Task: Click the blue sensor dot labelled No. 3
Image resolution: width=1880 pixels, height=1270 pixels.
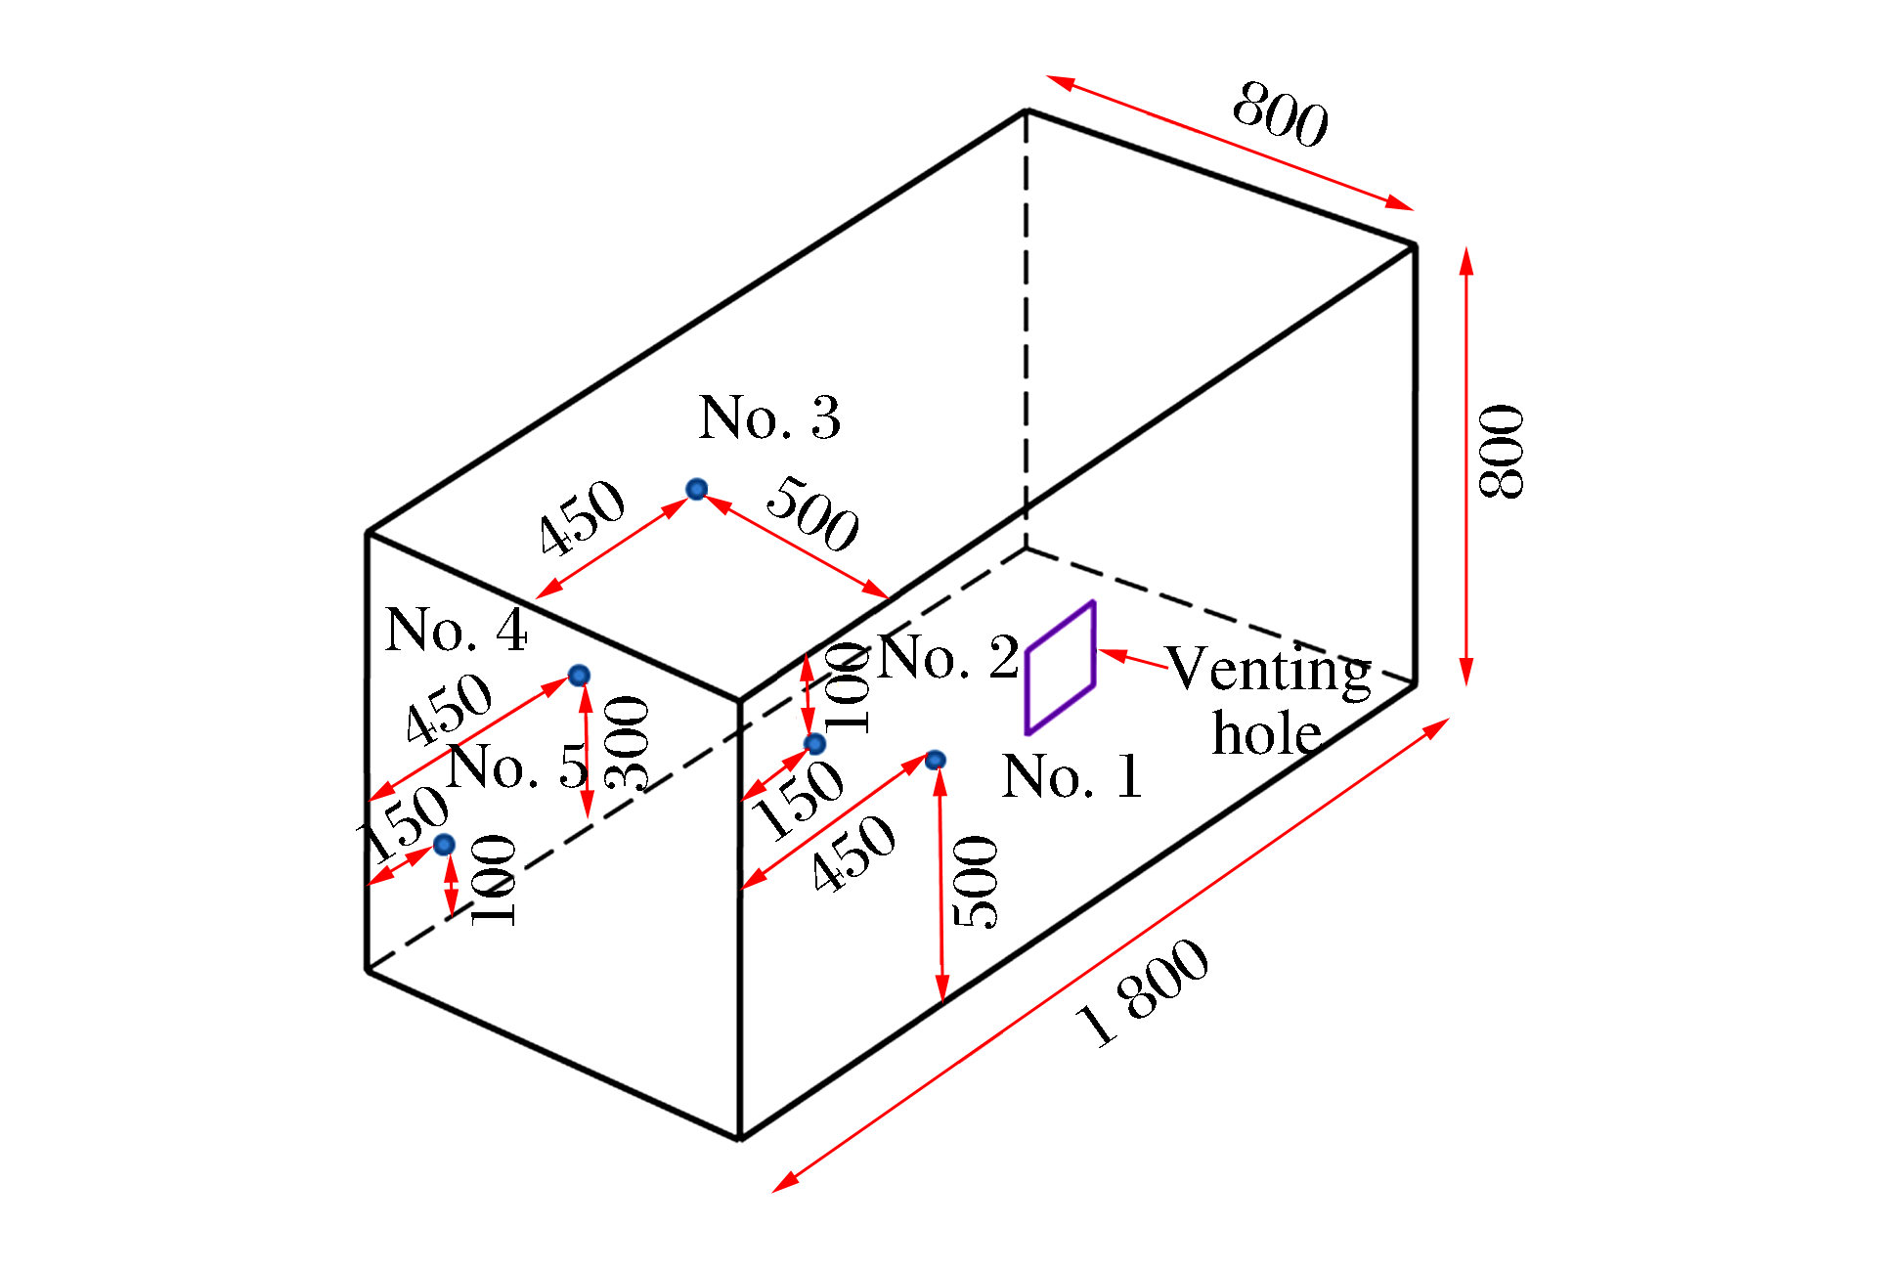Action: [x=696, y=489]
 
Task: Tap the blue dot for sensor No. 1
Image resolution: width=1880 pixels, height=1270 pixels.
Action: [x=936, y=760]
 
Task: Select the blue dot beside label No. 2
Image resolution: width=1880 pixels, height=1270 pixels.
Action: [x=814, y=744]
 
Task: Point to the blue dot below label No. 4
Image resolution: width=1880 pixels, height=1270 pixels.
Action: [x=579, y=676]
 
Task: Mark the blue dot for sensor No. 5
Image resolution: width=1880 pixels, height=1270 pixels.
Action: [x=444, y=845]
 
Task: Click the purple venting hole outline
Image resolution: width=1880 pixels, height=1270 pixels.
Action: [x=1061, y=667]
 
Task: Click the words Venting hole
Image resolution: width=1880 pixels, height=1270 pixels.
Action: [x=1269, y=701]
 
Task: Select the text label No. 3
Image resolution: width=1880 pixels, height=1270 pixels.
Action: [x=770, y=417]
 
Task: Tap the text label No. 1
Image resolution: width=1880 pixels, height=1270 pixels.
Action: [x=1072, y=777]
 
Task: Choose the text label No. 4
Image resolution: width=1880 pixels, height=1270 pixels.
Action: [x=457, y=630]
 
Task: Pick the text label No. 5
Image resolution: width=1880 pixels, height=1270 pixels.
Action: [x=518, y=766]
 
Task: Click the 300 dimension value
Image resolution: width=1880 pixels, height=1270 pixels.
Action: [x=627, y=743]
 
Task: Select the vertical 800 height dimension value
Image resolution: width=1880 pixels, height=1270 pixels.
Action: [x=1502, y=452]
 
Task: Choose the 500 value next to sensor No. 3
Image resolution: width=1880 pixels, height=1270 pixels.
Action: [x=812, y=513]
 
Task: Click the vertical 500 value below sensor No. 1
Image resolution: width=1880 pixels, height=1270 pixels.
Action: [x=976, y=882]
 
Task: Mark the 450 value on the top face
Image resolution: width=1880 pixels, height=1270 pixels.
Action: [x=582, y=516]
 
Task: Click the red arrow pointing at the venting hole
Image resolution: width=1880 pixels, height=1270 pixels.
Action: [x=1133, y=659]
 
